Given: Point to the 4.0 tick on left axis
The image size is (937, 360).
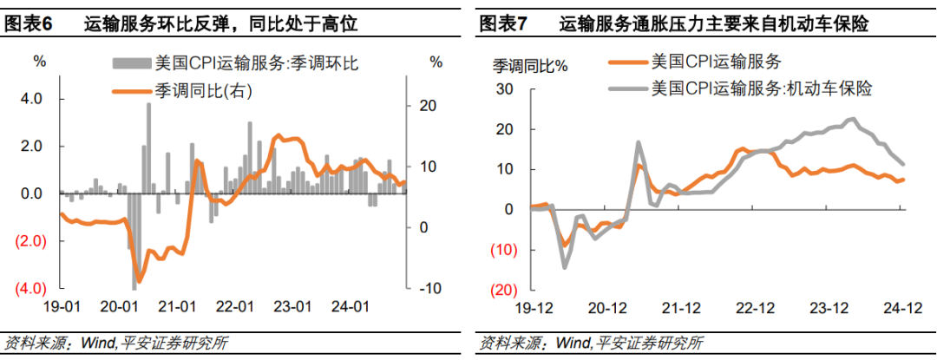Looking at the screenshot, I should (31, 99).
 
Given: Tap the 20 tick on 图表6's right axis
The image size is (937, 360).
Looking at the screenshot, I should (427, 106).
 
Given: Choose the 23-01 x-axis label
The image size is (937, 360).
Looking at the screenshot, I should (292, 306).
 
